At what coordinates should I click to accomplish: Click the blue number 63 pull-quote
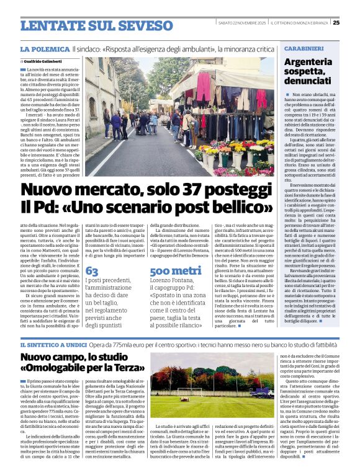(91, 271)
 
